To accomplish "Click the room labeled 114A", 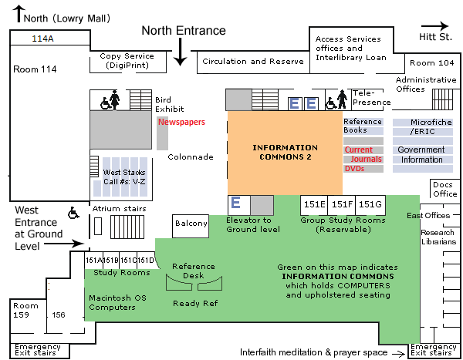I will (x=42, y=38).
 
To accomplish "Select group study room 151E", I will (x=314, y=205).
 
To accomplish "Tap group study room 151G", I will (x=370, y=205).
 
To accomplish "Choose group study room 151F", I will (x=342, y=205).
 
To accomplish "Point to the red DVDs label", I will (x=354, y=168).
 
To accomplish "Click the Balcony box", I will (x=191, y=224).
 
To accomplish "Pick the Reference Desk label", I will (x=194, y=271).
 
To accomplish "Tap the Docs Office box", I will (x=444, y=189).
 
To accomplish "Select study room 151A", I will (x=93, y=260).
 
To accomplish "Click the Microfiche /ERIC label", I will (x=421, y=126).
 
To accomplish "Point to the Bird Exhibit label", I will (x=163, y=104).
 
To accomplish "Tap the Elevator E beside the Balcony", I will (x=236, y=204).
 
